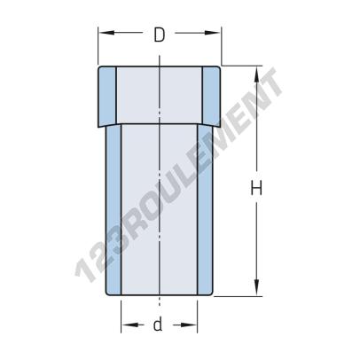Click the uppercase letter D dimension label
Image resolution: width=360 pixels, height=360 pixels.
[159, 35]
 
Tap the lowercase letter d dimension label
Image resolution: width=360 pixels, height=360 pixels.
[158, 325]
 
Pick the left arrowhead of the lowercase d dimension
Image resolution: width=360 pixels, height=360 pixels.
[126, 325]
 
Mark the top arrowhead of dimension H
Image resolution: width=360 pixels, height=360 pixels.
[258, 72]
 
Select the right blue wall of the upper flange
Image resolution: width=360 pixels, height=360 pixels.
[211, 95]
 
